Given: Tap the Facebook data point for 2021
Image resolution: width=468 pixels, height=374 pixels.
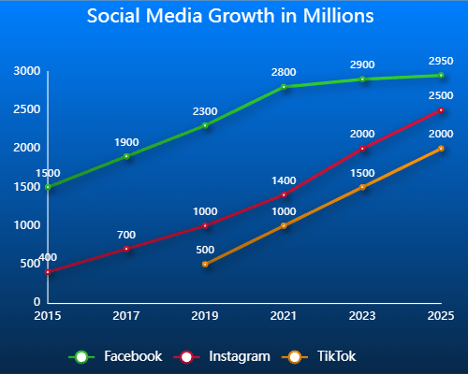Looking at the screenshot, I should click(284, 87).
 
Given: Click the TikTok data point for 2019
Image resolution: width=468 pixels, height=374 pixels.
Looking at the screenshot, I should click(205, 265).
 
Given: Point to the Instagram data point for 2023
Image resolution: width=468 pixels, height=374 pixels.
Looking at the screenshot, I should click(362, 149).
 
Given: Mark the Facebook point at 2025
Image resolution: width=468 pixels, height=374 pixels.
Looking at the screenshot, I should click(441, 76).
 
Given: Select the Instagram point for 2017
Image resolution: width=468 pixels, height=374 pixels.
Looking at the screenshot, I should click(126, 249).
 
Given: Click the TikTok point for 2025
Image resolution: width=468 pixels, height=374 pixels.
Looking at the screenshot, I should click(441, 149).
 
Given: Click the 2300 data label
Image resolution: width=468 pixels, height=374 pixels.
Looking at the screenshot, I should click(205, 111).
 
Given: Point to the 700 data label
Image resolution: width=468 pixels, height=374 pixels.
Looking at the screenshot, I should click(126, 235).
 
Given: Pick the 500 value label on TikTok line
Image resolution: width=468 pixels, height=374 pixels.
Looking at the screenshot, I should click(205, 250).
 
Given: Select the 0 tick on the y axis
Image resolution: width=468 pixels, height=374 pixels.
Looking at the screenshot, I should click(37, 303).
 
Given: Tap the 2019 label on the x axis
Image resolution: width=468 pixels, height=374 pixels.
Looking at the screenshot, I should click(205, 316).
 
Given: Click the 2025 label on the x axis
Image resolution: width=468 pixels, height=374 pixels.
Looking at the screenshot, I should click(441, 316).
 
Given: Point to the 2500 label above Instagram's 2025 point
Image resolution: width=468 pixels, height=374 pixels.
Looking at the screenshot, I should click(441, 95).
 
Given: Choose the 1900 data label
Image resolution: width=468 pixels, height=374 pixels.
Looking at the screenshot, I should click(126, 142).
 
